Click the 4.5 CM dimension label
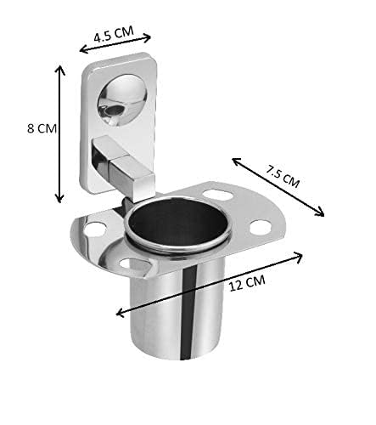click(x=114, y=34)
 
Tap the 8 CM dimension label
click(x=42, y=128)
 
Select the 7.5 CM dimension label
click(x=283, y=177)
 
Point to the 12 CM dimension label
click(x=247, y=283)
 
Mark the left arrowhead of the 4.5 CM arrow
click(x=82, y=50)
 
